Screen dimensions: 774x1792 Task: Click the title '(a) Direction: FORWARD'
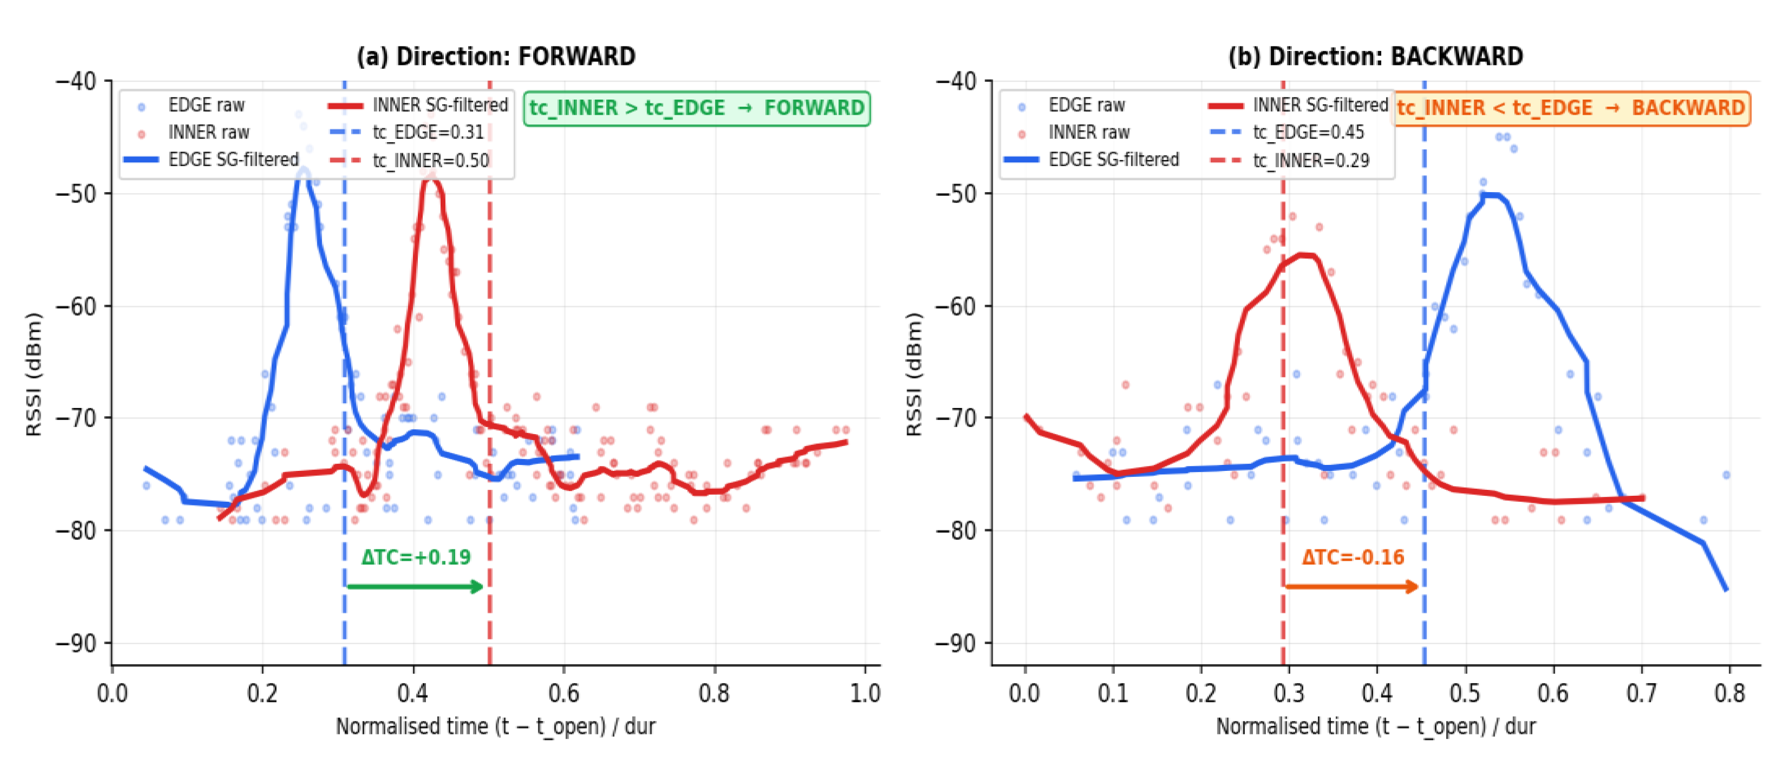[x=495, y=56]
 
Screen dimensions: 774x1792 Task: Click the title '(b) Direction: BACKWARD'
[x=1375, y=56]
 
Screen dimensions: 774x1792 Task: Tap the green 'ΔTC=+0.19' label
[x=416, y=557]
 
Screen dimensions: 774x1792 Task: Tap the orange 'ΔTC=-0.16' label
[x=1353, y=557]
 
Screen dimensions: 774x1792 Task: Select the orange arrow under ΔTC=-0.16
[x=1351, y=586]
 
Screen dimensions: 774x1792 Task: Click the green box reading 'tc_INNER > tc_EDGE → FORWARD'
[x=697, y=108]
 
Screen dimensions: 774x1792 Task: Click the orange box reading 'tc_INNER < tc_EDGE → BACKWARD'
[x=1571, y=108]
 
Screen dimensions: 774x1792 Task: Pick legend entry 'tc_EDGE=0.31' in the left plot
[x=428, y=132]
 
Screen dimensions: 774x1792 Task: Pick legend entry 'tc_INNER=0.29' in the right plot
[x=1311, y=161]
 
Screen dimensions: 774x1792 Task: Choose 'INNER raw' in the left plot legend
[x=208, y=132]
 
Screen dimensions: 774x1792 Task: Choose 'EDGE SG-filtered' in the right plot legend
[x=1113, y=160]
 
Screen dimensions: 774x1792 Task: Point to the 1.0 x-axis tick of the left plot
[x=865, y=693]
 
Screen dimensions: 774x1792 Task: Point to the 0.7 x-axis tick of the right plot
[x=1642, y=693]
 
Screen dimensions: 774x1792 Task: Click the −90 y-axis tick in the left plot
[x=76, y=643]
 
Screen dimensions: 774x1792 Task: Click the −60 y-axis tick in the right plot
[x=956, y=306]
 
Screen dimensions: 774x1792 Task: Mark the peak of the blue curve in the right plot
[x=1490, y=195]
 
